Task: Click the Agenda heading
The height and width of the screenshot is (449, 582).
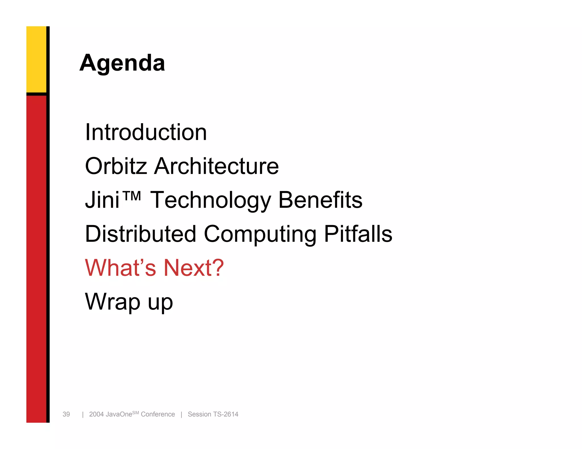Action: (122, 63)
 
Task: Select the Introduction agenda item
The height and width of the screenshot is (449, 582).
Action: (146, 132)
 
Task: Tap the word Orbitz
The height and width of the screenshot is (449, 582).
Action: (116, 166)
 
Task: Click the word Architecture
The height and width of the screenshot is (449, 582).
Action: (216, 166)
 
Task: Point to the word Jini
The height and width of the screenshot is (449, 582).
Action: (102, 200)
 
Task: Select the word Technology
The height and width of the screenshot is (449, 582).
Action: (211, 200)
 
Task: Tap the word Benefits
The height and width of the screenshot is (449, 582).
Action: (320, 200)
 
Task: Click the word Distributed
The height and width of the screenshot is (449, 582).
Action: (141, 234)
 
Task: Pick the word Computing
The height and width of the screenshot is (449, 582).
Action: (260, 234)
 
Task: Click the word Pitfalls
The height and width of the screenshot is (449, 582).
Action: (358, 234)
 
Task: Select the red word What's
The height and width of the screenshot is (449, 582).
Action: (120, 268)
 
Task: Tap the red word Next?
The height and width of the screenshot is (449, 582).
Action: (194, 268)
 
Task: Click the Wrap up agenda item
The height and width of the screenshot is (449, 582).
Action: (129, 302)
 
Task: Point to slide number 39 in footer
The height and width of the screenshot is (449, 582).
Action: (66, 414)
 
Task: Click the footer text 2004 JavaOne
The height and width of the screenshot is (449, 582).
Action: (111, 414)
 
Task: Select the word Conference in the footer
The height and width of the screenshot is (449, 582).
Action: (158, 414)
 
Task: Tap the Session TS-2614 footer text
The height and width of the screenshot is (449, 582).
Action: (213, 414)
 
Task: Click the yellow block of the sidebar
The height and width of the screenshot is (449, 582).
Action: (36, 59)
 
